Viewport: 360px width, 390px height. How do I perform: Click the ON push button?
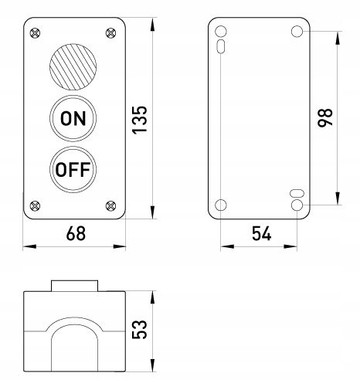point(73,118)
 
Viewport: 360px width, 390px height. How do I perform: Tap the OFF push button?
point(73,169)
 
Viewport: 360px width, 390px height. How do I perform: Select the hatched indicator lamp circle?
point(73,67)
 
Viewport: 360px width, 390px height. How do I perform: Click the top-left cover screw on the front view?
point(35,33)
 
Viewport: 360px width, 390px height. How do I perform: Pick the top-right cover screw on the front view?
point(111,33)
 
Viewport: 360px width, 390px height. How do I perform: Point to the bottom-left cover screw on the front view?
point(35,205)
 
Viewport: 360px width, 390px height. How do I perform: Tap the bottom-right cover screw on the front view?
point(111,205)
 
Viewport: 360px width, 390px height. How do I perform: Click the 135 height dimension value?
point(140,120)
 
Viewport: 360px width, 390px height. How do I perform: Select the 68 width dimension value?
point(76,234)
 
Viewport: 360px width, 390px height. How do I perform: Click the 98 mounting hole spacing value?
point(325,118)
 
